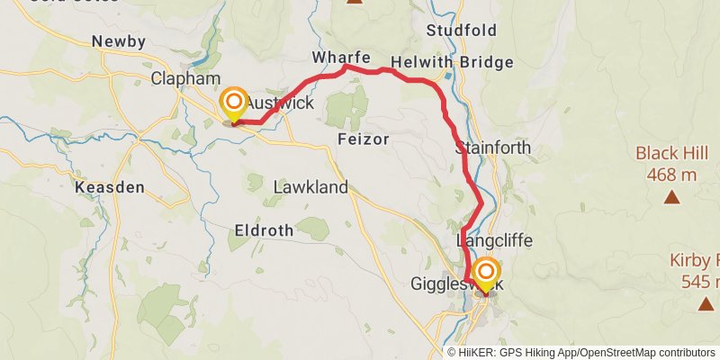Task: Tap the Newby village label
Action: (x=118, y=41)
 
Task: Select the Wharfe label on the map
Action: (x=341, y=58)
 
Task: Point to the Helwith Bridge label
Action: (x=458, y=62)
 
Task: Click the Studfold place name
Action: (x=462, y=31)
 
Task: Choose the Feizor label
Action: (x=363, y=139)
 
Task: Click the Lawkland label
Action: (x=310, y=187)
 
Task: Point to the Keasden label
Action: (x=110, y=187)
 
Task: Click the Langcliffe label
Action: (x=495, y=241)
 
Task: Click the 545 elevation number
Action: (x=697, y=282)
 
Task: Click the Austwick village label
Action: (x=281, y=103)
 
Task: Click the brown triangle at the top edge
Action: (x=355, y=3)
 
